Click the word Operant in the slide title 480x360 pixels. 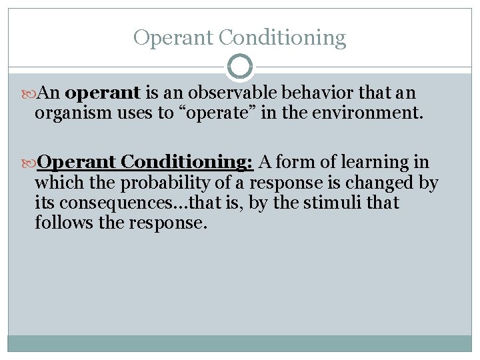175,37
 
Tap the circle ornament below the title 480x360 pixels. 240,67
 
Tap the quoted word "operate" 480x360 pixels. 217,113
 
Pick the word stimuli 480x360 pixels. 329,203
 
